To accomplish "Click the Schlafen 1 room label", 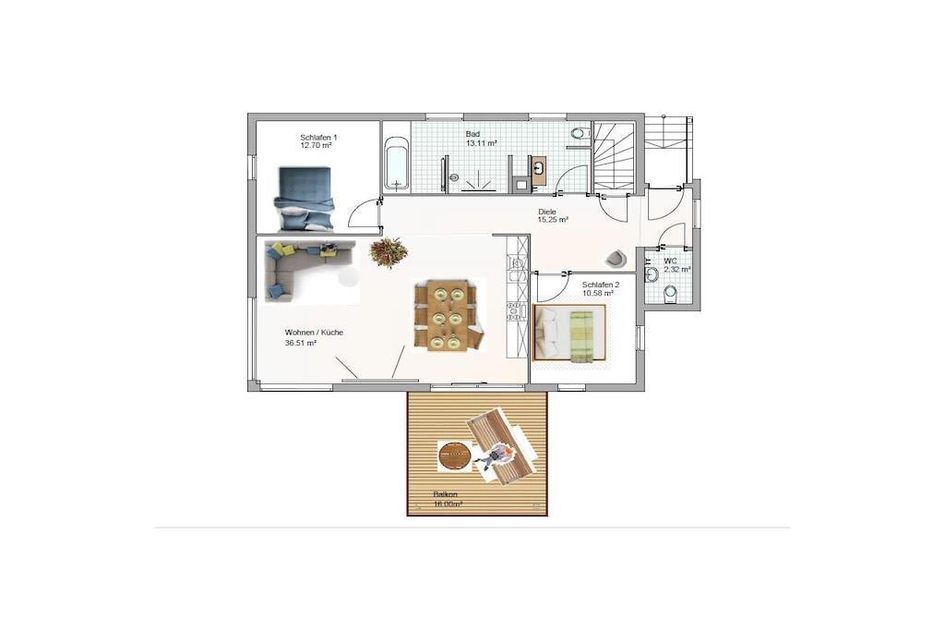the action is pos(318,138).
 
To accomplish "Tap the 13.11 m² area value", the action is pos(481,143).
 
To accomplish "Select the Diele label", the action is pos(547,212).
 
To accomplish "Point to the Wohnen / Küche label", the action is pos(314,333).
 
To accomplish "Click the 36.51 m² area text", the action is pos(301,343).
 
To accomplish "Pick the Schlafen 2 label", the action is pos(600,285).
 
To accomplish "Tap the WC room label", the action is pos(670,261).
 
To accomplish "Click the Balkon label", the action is pos(446,494).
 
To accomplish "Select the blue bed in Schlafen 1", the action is pos(305,199).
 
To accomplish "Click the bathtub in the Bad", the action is pos(396,163).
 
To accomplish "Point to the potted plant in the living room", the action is pos(389,251).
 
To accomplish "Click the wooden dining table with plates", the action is pos(448,315).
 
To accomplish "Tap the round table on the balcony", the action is pos(454,455).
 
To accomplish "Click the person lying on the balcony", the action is pos(495,456).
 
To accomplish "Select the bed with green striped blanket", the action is pos(569,333).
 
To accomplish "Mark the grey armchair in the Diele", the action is pos(616,258).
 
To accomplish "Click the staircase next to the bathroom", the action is pos(614,156).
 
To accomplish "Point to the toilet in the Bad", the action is pos(580,133).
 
